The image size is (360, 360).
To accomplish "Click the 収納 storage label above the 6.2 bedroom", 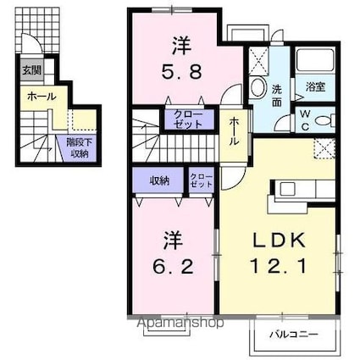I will tap(149, 180).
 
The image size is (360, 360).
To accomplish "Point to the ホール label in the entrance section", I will tap(41, 97).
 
